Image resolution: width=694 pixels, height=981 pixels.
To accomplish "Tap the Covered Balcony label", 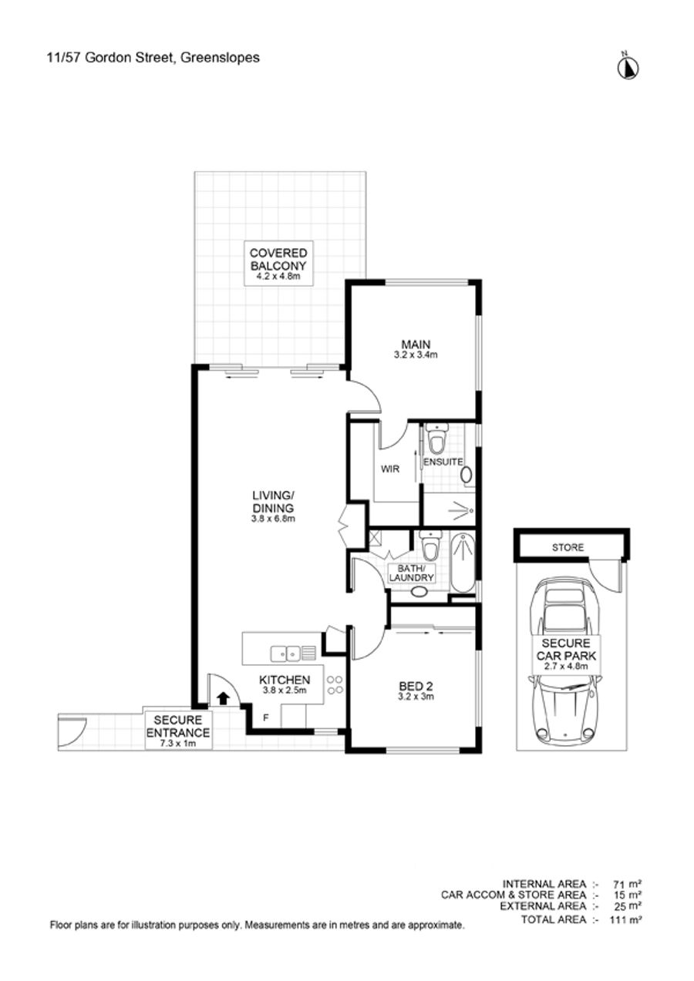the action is tap(278, 264).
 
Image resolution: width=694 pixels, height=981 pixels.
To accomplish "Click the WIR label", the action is tap(390, 469).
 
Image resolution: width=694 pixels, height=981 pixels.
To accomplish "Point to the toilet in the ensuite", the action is tap(436, 438).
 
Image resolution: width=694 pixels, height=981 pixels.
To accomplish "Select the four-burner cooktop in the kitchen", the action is tap(335, 685).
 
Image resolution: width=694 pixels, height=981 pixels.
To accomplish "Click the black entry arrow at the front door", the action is tap(224, 697).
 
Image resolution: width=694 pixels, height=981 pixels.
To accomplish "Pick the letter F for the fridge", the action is tap(265, 717).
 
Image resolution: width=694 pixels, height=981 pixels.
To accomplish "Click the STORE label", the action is tap(568, 547).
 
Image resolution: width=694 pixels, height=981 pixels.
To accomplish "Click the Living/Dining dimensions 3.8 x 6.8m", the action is tap(274, 519).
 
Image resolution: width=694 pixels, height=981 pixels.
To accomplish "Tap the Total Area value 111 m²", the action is tap(625, 919).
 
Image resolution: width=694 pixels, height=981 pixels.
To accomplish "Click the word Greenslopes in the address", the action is tap(220, 57).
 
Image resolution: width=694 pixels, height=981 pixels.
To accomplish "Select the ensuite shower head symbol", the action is tap(461, 510).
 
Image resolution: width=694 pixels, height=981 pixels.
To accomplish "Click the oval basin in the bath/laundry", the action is tap(419, 593).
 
